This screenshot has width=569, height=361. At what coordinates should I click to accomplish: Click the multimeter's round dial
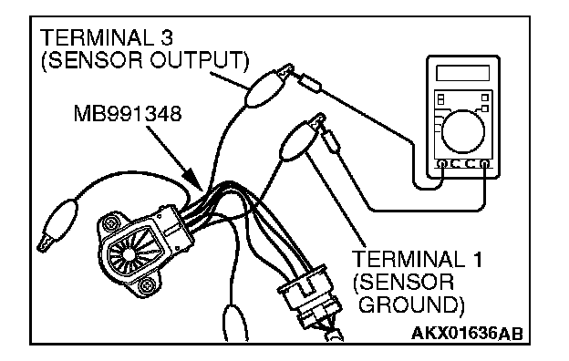(463, 131)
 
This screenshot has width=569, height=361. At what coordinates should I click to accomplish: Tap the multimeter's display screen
(462, 73)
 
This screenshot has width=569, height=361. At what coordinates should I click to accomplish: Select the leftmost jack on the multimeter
(441, 164)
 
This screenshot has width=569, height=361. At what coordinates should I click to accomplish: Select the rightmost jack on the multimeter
(485, 164)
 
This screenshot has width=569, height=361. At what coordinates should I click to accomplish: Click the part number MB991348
(128, 114)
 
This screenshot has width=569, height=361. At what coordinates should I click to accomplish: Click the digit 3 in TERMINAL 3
(166, 37)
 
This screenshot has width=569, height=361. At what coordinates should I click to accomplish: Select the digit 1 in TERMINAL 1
(477, 259)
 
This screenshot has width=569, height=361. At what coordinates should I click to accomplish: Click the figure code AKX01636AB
(467, 333)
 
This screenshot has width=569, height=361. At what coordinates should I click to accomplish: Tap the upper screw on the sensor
(109, 223)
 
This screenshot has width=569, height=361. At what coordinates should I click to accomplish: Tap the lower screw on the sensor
(147, 284)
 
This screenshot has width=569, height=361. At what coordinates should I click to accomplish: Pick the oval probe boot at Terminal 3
(264, 89)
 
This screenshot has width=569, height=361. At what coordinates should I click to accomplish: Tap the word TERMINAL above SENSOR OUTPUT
(96, 37)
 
